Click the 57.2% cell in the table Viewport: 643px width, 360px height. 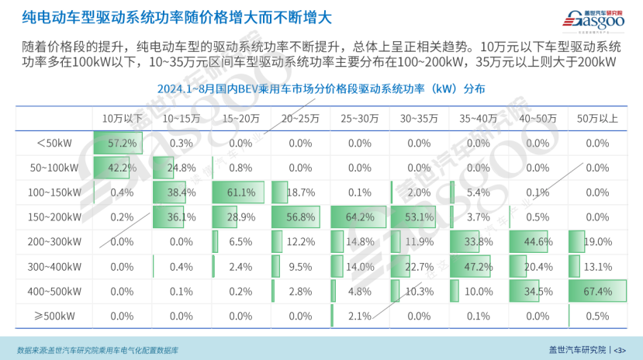(123, 144)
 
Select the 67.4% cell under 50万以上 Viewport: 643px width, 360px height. (598, 292)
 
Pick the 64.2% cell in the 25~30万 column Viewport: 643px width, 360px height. (360, 217)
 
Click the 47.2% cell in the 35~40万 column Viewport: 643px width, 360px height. (479, 267)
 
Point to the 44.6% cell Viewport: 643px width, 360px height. (538, 242)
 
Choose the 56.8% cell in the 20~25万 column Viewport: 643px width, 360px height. (300, 217)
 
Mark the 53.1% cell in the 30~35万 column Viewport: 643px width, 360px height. (419, 217)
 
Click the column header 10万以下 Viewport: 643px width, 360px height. (123, 119)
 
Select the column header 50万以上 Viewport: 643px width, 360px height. (598, 119)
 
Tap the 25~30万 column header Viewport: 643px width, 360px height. (360, 119)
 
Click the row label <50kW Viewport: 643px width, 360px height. (55, 144)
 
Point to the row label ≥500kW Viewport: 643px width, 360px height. (55, 317)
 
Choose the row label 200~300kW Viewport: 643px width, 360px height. (55, 242)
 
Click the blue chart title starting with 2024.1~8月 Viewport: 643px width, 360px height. (321, 89)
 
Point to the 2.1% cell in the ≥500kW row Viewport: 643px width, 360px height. (360, 317)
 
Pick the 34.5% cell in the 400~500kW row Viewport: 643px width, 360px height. (538, 292)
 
